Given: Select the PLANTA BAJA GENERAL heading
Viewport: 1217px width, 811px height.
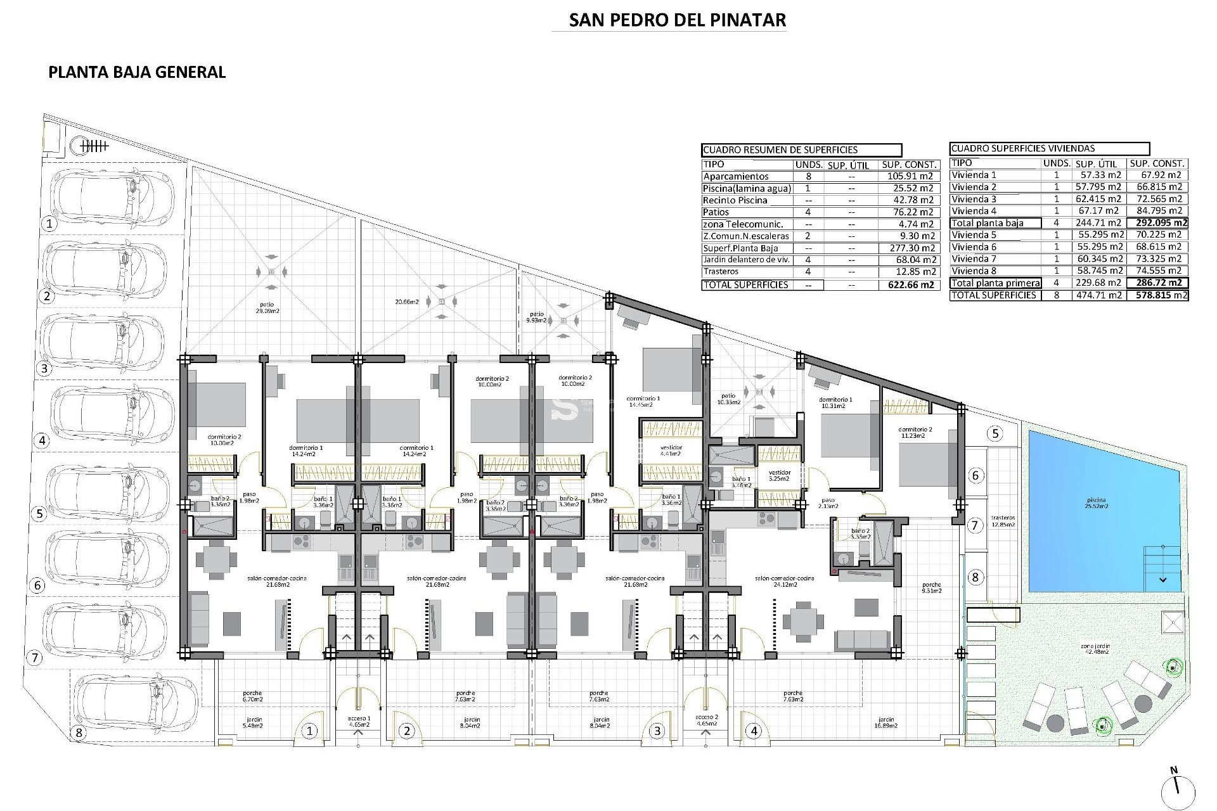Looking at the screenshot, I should point(137,72).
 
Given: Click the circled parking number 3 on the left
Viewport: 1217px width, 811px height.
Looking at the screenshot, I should point(43,368).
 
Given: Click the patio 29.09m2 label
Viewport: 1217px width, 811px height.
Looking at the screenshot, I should point(271,308).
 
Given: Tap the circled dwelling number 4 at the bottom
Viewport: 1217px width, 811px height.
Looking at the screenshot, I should point(754,731).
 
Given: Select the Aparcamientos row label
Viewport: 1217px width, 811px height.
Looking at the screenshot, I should point(735,177).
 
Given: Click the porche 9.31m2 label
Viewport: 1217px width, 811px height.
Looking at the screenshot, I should point(932,587).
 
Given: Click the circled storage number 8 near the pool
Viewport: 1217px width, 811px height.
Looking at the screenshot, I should point(976,577).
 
